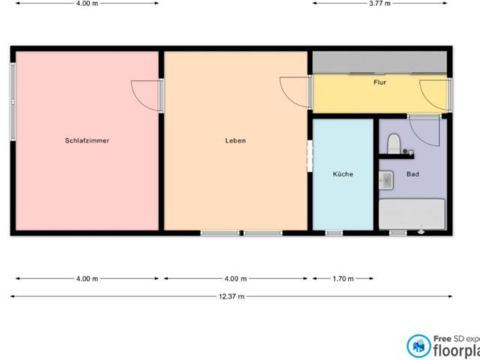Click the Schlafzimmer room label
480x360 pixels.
pos(87,140)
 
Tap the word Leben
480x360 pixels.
pos(235,140)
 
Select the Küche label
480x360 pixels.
pos(343,174)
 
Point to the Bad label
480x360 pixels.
pos(412,174)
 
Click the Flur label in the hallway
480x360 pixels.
pos(379,82)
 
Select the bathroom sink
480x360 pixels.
pos(386,180)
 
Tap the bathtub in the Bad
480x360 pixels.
pos(412,214)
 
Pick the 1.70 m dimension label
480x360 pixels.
pos(342,279)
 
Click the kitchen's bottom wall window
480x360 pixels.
pos(334,233)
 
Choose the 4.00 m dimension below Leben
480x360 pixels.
pos(235,279)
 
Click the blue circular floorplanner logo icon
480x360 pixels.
pos(418,346)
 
